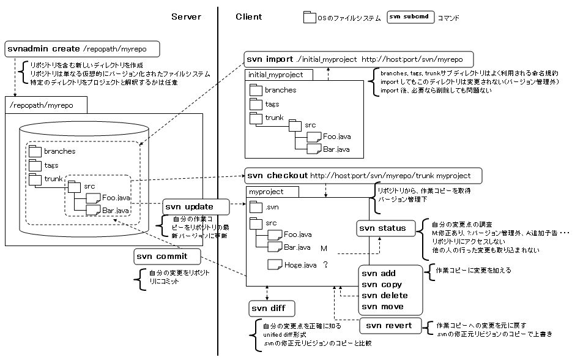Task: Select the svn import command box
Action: pyautogui.click(x=358, y=59)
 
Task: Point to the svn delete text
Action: pyautogui.click(x=384, y=295)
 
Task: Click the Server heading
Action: pyautogui.click(x=186, y=17)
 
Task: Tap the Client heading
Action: pyautogui.click(x=249, y=17)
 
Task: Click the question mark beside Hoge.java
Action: pyautogui.click(x=326, y=265)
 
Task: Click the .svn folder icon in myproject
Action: pyautogui.click(x=256, y=208)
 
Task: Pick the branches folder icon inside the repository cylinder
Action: pyautogui.click(x=35, y=151)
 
